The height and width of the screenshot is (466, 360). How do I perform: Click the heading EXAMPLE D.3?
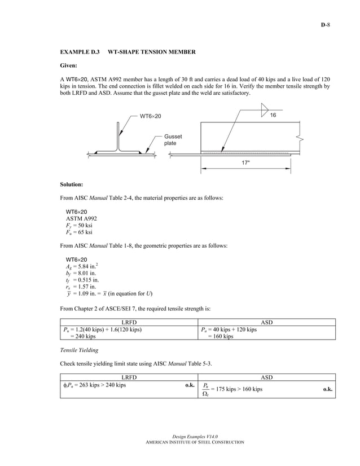click(x=80, y=52)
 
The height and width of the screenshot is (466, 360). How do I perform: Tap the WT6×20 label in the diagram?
click(x=150, y=116)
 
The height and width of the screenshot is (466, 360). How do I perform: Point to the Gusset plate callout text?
click(x=173, y=140)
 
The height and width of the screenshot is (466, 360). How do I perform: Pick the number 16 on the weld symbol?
click(x=273, y=115)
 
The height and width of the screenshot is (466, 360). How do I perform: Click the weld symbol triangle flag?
click(x=264, y=111)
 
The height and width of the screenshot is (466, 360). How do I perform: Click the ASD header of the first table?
click(x=267, y=322)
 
